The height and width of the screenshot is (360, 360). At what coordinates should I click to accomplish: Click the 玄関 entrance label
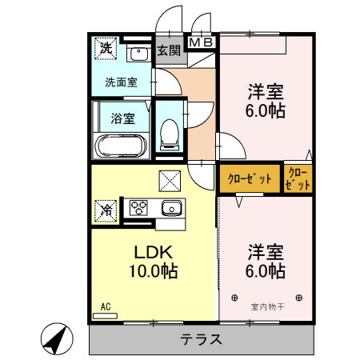pyautogui.click(x=168, y=51)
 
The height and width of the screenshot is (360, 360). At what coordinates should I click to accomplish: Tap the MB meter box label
pyautogui.click(x=200, y=42)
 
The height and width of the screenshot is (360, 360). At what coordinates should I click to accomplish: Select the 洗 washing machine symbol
pyautogui.click(x=105, y=49)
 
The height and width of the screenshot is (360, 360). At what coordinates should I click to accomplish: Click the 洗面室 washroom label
pyautogui.click(x=120, y=82)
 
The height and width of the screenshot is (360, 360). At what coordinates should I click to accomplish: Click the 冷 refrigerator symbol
pyautogui.click(x=105, y=210)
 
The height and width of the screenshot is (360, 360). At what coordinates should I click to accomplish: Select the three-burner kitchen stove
pyautogui.click(x=139, y=208)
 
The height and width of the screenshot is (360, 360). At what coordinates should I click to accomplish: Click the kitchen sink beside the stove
pyautogui.click(x=170, y=210)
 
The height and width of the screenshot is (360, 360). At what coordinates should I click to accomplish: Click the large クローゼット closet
pyautogui.click(x=250, y=178)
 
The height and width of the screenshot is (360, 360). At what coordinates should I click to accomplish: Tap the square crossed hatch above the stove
pyautogui.click(x=169, y=181)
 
